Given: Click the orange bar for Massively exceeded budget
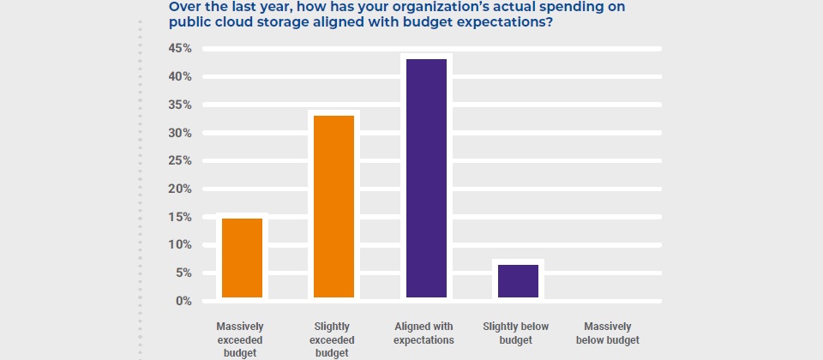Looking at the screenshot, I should pos(242,257).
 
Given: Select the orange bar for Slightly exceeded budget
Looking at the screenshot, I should pos(333,206).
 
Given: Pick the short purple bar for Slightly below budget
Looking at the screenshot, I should pos(518,280).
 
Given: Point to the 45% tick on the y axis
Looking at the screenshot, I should pos(179,49).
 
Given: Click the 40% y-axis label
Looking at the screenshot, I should pos(179,77).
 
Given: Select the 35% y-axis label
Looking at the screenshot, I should pos(179,105).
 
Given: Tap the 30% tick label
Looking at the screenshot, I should pos(179,133).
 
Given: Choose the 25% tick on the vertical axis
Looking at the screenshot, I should pos(179,161).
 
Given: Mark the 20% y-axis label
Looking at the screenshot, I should pos(179,189).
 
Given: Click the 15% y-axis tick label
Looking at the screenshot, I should pos(179,217).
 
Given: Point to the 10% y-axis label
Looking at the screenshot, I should pos(179,245).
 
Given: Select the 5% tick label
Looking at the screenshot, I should pos(182,273).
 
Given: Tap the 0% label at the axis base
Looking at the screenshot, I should pos(182,301).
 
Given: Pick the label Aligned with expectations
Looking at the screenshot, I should pos(424,333).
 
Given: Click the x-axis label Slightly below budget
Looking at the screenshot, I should pos(516,333).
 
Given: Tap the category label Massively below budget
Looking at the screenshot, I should pos(608,333).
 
